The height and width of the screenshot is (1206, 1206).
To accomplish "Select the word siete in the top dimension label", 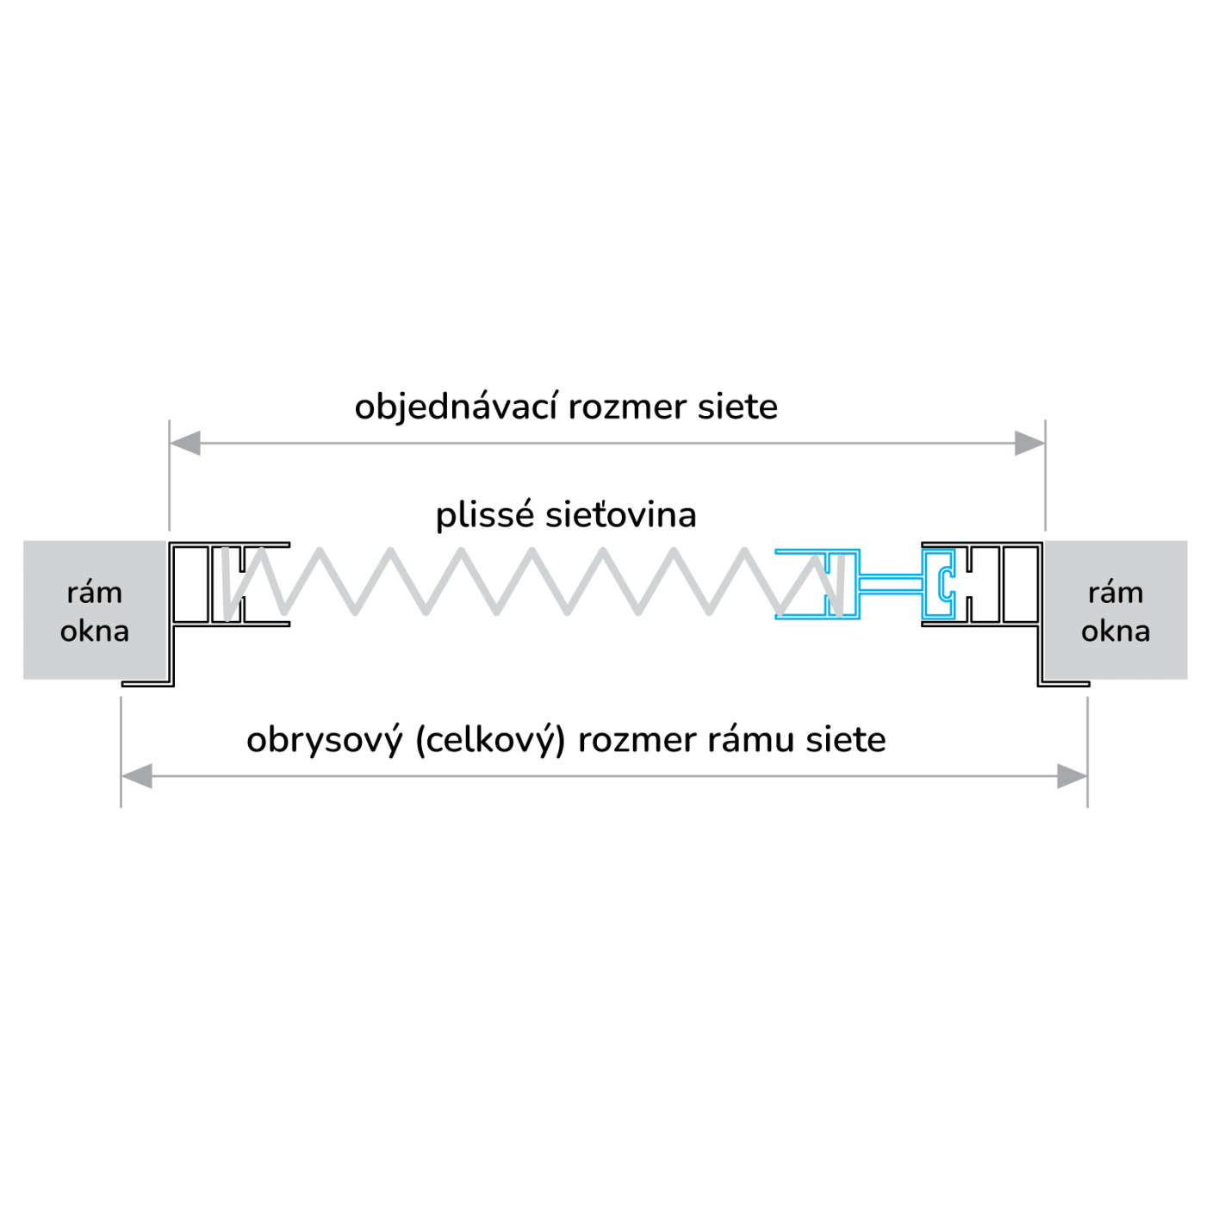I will (737, 407).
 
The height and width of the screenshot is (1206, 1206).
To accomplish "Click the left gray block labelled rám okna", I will (94, 611).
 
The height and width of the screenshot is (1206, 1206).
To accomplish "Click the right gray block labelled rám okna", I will (1116, 611).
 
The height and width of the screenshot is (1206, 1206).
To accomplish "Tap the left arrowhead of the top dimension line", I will (185, 444).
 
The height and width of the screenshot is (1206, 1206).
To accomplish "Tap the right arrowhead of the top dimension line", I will (1029, 444).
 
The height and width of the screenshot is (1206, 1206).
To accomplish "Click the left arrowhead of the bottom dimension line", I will (137, 776).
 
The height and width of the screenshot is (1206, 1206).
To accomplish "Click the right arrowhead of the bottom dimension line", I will (1072, 776).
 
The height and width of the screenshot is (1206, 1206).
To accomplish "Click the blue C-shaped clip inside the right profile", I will (946, 584).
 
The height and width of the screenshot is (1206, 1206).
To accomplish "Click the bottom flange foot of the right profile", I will (1064, 684).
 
